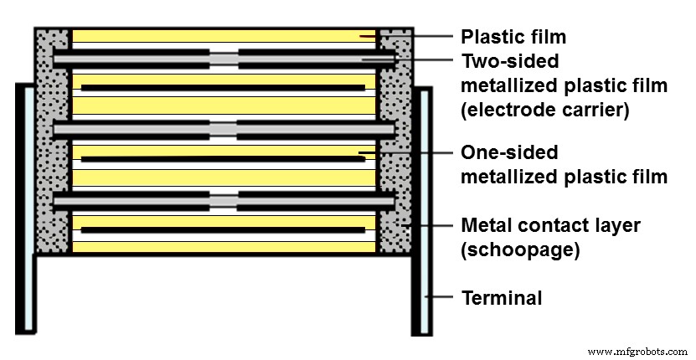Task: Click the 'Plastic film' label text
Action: click(513, 37)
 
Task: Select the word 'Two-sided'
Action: click(510, 61)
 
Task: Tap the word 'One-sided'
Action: click(509, 153)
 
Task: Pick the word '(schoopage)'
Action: click(511, 249)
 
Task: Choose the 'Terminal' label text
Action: click(503, 298)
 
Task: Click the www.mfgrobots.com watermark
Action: click(637, 351)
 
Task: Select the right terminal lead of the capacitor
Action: click(423, 209)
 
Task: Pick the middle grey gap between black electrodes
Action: click(224, 129)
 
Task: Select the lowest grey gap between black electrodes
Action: click(224, 201)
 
